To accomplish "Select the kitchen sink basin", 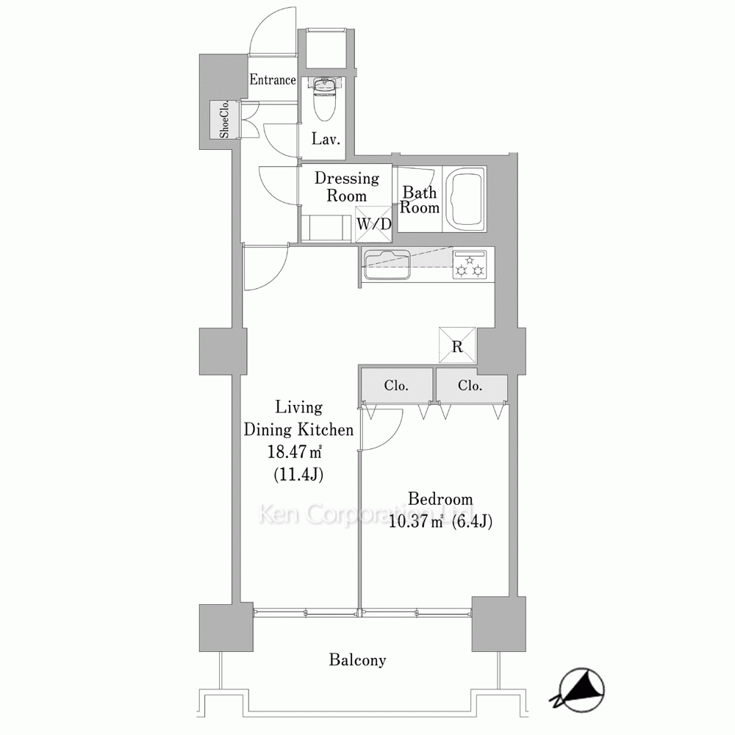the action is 387,265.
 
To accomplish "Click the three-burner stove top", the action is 469,265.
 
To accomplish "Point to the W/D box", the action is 373,224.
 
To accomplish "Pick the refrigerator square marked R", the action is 457,345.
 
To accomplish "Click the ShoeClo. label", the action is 224,119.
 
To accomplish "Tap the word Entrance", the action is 273,79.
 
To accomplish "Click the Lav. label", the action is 326,139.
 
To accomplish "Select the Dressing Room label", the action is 347,187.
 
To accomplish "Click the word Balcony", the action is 358,660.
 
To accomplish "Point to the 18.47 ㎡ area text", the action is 295,452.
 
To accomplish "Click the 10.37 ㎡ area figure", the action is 416,521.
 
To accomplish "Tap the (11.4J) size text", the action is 298,475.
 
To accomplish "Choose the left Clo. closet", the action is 396,385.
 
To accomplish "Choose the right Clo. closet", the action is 470,385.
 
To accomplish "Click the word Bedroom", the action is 440,498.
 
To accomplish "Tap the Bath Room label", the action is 420,200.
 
